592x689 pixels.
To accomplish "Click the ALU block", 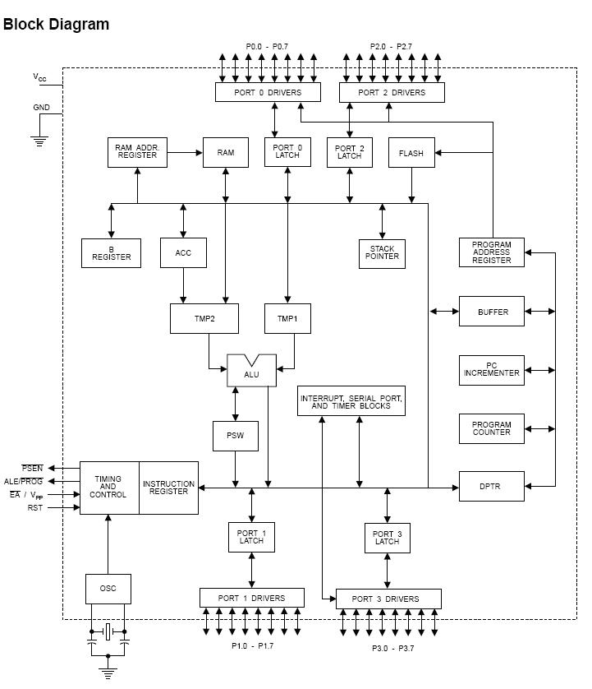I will coord(251,373).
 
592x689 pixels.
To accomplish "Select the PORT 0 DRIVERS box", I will coord(268,92).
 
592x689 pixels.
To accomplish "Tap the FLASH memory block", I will coord(411,153).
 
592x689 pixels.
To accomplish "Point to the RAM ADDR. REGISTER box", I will coord(137,152).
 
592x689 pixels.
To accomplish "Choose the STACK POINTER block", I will coord(382,253).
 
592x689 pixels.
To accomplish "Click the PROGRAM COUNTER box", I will coord(491,429).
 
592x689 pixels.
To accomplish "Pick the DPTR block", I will coord(491,487).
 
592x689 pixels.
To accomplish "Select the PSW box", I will coord(236,437).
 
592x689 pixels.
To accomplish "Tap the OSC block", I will coord(108,589).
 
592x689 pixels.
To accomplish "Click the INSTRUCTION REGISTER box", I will coord(168,488).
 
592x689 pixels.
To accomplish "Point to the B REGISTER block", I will coord(112,253).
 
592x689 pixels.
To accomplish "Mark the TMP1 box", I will coord(287,318).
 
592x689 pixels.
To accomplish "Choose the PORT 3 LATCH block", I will coord(387,538).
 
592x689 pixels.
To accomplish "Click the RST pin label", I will coord(34,508).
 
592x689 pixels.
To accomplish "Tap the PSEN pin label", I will coord(32,469).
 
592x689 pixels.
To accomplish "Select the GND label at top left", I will coord(41,108).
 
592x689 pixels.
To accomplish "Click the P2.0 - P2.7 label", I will coord(392,47).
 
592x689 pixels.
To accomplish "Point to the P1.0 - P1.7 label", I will coord(252,645).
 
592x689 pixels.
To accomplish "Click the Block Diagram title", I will coord(56,24).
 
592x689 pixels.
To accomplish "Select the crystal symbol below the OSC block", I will coord(108,632).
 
